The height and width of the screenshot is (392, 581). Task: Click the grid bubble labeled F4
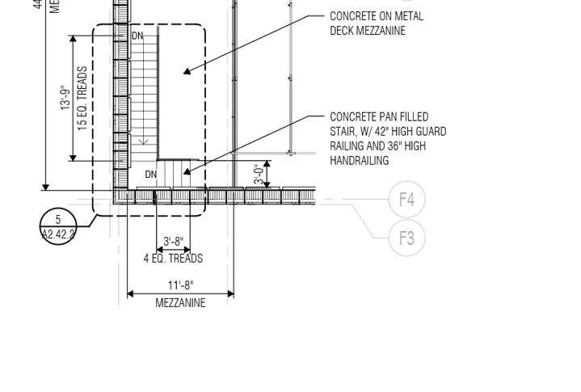[406, 199]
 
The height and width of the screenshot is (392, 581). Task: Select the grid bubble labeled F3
[406, 238]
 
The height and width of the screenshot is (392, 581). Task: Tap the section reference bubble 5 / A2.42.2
[57, 227]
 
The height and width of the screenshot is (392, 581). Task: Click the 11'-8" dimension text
[180, 285]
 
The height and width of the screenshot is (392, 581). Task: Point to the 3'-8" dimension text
[173, 241]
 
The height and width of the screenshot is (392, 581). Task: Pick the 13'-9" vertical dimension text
[65, 99]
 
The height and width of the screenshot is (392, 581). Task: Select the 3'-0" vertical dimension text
[259, 175]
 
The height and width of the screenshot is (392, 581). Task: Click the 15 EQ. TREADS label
[82, 99]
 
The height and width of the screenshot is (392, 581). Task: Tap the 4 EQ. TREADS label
[173, 259]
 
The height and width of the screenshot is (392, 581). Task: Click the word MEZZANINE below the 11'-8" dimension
[180, 303]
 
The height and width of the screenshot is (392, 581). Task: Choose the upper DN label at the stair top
[137, 36]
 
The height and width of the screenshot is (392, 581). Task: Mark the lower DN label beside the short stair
[151, 175]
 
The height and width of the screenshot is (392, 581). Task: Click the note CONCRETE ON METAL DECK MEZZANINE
[376, 23]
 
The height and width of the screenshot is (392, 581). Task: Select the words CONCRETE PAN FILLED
[379, 117]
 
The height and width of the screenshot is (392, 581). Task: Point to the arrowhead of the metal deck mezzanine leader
[186, 72]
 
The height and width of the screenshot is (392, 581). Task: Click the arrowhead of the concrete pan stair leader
[186, 171]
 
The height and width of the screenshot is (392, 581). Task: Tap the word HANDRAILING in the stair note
[360, 161]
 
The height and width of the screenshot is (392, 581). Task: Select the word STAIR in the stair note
[343, 132]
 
